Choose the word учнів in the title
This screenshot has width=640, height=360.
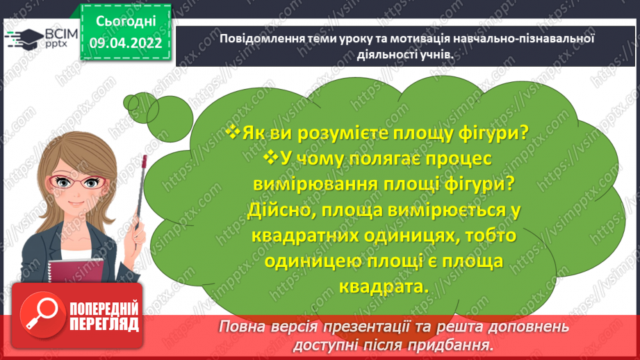tap(441, 56)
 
